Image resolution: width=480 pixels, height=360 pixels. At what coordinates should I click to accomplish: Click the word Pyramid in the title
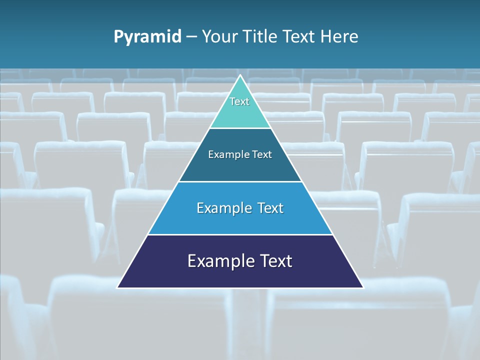coord(147,37)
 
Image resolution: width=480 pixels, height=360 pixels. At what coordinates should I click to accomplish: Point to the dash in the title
coord(191,37)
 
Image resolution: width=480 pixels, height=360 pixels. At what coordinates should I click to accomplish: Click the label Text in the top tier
coord(239,101)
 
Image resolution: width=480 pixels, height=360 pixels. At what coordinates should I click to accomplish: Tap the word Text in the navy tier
coord(275,261)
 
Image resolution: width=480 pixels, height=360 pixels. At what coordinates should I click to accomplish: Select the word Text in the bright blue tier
coord(270,208)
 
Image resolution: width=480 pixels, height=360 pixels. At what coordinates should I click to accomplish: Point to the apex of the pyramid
coord(240,76)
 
